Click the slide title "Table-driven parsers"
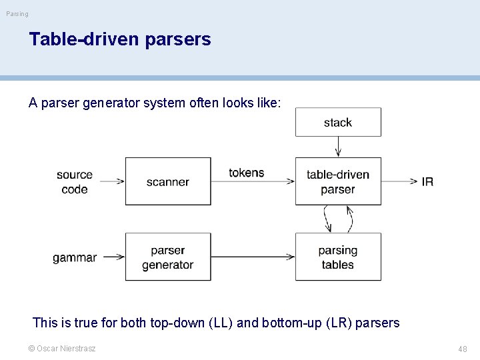click(x=120, y=39)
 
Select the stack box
click(x=338, y=122)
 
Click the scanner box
click(x=168, y=181)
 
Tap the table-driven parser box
click(x=338, y=181)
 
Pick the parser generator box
click(x=168, y=257)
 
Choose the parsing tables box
click(x=338, y=257)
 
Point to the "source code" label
click(x=75, y=181)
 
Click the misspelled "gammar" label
click(x=75, y=257)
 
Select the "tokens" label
click(x=247, y=173)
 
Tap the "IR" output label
click(x=427, y=181)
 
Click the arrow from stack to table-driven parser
click(x=338, y=147)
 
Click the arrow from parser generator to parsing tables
click(x=253, y=257)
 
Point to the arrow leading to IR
click(x=400, y=181)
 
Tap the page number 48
click(x=462, y=349)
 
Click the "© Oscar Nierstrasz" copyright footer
click(x=62, y=348)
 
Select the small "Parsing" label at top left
click(x=17, y=14)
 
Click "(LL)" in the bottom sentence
click(x=221, y=323)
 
